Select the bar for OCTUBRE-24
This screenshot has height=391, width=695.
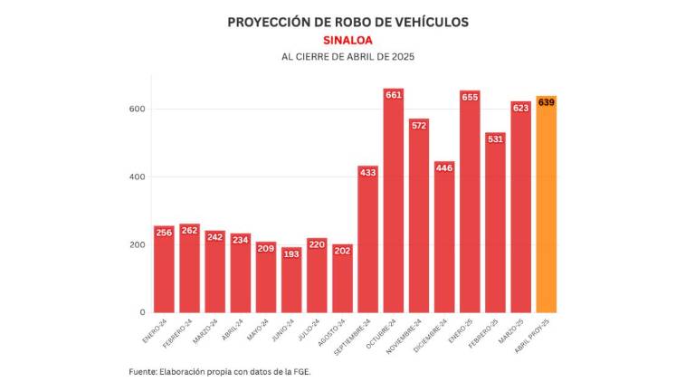[x=393, y=208]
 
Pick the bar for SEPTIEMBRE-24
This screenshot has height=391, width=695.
[x=367, y=244]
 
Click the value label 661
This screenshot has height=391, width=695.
[x=393, y=95]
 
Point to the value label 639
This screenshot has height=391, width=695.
[x=546, y=102]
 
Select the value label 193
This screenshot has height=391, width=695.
[x=291, y=254]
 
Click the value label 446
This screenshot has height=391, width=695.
[x=444, y=168]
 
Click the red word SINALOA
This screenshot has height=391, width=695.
[x=347, y=40]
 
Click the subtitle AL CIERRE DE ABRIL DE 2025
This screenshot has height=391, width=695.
[x=347, y=57]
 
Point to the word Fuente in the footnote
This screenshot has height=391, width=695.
[x=142, y=372]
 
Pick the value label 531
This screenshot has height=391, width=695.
[x=495, y=139]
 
